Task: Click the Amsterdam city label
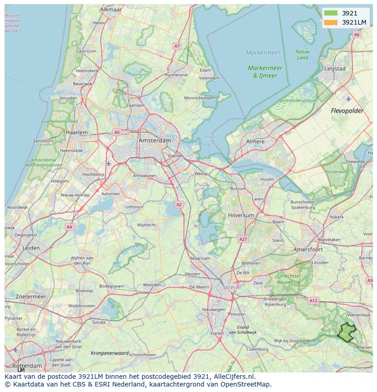[155, 141]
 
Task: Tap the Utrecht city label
[232, 287]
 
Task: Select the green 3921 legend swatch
[331, 13]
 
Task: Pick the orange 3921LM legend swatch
[331, 22]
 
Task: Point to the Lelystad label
[335, 69]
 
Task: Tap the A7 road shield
[177, 46]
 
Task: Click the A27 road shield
[243, 239]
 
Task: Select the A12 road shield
[313, 300]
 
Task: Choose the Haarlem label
[76, 132]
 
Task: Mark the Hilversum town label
[241, 215]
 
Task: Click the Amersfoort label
[308, 249]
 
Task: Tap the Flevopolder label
[347, 111]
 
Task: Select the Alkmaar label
[111, 9]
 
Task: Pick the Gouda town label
[98, 322]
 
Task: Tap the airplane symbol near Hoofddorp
[108, 163]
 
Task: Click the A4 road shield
[69, 226]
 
